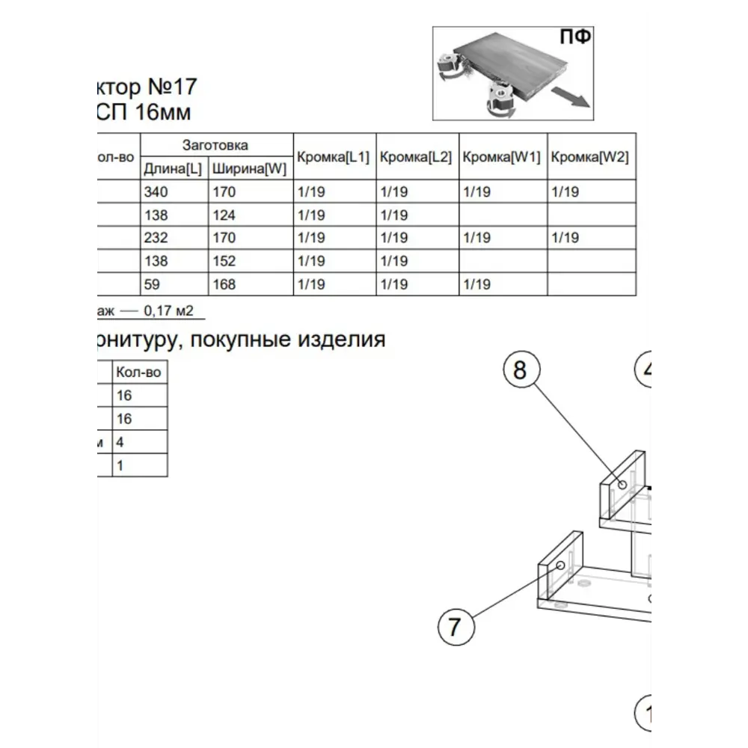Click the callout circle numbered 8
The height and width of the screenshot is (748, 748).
pos(521,370)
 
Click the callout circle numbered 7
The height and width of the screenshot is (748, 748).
pos(456,626)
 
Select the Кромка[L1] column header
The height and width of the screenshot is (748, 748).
pos(334,157)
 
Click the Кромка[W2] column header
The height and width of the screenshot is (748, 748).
pos(589,157)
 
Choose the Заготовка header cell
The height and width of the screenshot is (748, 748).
pos(215,145)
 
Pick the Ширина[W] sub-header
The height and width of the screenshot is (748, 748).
pos(250,169)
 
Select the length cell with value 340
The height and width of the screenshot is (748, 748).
pos(156,192)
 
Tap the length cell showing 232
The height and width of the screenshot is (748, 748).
pos(156,238)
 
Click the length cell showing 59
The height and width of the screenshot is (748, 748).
pos(153,284)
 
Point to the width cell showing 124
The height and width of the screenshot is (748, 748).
pos(224,215)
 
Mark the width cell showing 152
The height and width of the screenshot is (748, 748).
pos(224,261)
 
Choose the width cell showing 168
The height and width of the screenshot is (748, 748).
pos(224,284)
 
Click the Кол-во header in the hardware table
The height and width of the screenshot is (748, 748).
pos(139,373)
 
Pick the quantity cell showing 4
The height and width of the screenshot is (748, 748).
pos(120,442)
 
